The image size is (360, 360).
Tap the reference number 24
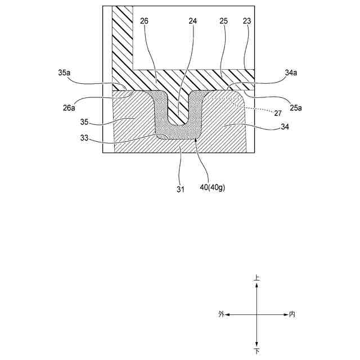(193, 21)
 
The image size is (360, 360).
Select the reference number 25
(223, 21)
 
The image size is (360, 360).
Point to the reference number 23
(247, 21)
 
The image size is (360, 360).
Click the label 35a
(65, 73)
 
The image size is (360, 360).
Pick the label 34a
(291, 73)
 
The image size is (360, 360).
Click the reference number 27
(278, 112)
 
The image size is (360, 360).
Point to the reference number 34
(285, 127)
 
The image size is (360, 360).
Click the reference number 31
(180, 190)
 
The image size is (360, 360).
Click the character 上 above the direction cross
(257, 278)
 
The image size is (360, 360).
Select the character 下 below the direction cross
(257, 351)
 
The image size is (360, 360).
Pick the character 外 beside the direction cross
(222, 314)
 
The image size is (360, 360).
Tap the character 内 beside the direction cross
(292, 314)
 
